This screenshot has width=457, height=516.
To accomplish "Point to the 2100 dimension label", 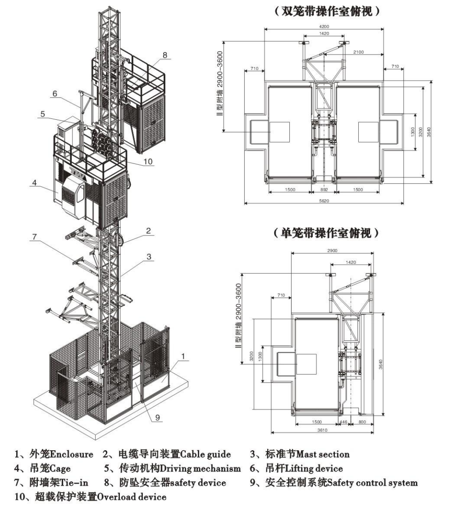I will (358, 52).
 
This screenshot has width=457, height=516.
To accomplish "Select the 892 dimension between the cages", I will (324, 190).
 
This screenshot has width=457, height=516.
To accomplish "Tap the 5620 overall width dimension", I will (324, 200).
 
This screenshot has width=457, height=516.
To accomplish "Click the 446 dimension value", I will (344, 422).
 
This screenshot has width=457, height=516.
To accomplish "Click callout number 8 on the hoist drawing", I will (165, 54).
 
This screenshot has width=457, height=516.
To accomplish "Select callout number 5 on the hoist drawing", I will (42, 114).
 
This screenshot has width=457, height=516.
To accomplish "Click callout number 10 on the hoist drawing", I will (148, 161).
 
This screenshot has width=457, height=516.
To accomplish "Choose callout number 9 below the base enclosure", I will (157, 417).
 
